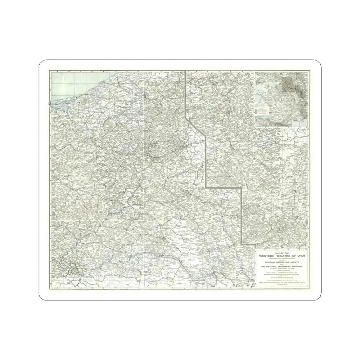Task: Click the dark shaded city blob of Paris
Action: pos(76,270)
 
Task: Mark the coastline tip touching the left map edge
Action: pos(50,104)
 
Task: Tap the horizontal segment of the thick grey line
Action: pos(224,188)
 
